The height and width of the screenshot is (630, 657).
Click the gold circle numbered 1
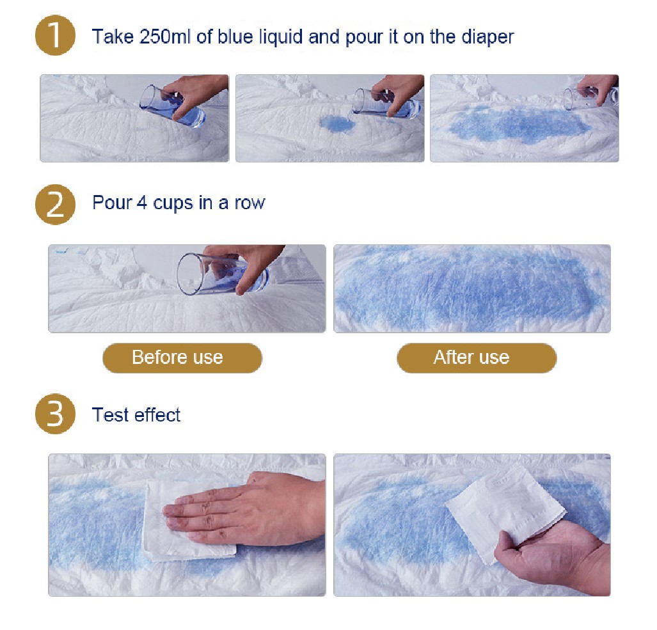tap(55, 35)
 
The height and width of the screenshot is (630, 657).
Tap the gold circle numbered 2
tap(55, 205)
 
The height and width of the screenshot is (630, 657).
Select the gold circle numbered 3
tap(55, 414)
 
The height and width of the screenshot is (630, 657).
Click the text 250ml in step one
tap(166, 37)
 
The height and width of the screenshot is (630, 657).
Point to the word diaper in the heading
tap(487, 38)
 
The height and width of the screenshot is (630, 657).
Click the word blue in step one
tap(235, 37)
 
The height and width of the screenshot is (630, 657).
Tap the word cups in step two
tap(173, 204)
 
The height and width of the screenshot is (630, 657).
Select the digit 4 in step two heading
tap(142, 203)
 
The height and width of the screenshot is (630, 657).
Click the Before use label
tap(182, 358)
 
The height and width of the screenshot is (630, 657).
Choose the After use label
tap(477, 358)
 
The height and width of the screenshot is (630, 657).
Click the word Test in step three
tap(110, 414)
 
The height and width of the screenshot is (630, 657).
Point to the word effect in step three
tap(157, 414)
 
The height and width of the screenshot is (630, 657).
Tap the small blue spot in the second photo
tap(337, 123)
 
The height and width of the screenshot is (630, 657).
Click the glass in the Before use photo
tap(222, 274)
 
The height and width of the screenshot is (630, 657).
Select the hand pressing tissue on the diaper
tap(245, 509)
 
